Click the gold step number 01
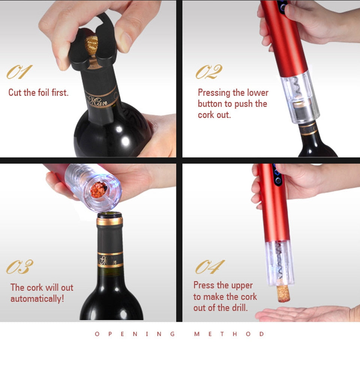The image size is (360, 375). pyautogui.click(x=19, y=72)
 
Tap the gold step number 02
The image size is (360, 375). pyautogui.click(x=209, y=72)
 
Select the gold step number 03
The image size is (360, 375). pyautogui.click(x=19, y=267)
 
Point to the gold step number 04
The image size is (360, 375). pyautogui.click(x=210, y=267)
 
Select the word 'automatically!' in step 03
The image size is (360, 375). pyautogui.click(x=37, y=299)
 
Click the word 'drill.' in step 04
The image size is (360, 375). pyautogui.click(x=240, y=308)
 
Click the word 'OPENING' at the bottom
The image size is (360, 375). pyautogui.click(x=135, y=334)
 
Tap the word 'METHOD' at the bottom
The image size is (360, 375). pyautogui.click(x=229, y=334)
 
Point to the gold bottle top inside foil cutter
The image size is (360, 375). pyautogui.click(x=91, y=45)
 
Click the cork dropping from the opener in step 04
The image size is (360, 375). pyautogui.click(x=283, y=294)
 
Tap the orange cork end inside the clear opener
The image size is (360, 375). pyautogui.click(x=99, y=190)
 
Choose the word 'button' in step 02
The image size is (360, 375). pyautogui.click(x=210, y=104)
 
